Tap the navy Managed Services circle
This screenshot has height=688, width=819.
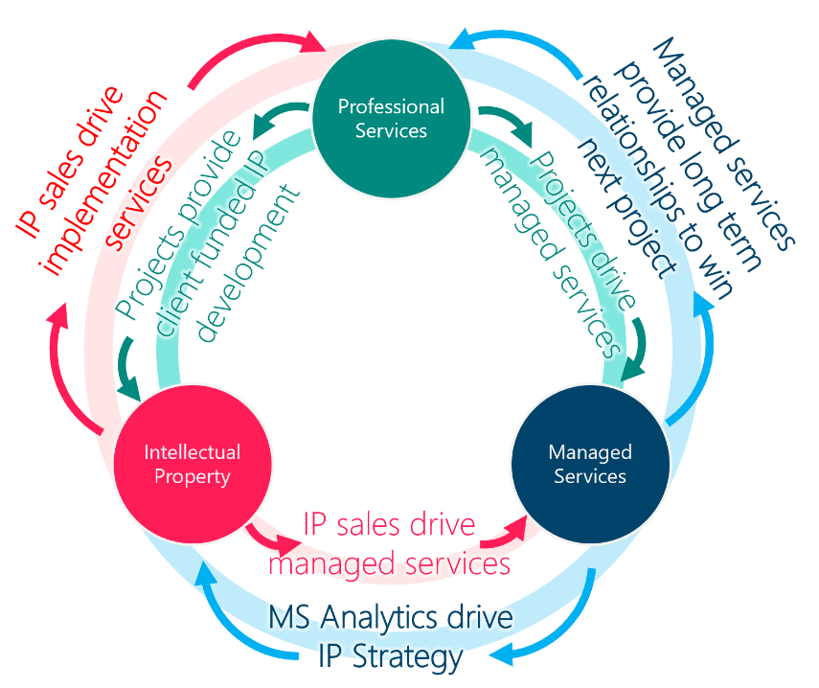(x=588, y=464)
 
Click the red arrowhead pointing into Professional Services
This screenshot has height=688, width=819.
(x=316, y=42)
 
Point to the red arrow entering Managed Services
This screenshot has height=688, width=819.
(x=518, y=522)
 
